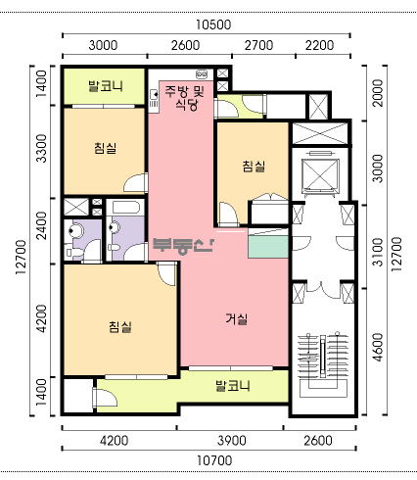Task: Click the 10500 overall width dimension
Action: (x=213, y=24)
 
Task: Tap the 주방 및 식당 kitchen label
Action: (x=185, y=98)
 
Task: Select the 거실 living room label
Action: (x=237, y=318)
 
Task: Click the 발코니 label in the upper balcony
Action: (x=106, y=86)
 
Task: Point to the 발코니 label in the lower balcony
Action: (x=233, y=386)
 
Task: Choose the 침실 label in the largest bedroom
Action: (x=120, y=326)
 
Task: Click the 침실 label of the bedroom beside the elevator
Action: (x=254, y=167)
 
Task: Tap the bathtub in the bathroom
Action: (x=125, y=208)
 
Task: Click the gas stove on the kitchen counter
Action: (x=202, y=74)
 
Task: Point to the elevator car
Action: (x=320, y=174)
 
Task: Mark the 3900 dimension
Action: (x=232, y=441)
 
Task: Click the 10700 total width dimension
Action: (x=214, y=460)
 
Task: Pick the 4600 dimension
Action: (x=378, y=347)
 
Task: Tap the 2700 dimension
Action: (x=258, y=45)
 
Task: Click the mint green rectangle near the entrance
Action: (x=268, y=247)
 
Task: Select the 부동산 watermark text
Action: (x=183, y=246)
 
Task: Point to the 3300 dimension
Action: (x=41, y=148)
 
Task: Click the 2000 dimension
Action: (x=378, y=93)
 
